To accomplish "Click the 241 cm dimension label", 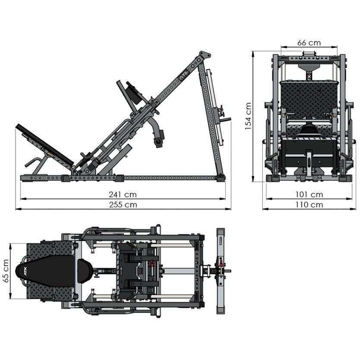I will click(123, 195).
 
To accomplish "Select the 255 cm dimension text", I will click(123, 205).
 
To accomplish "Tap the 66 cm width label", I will click(309, 42).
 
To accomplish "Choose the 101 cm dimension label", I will click(309, 195).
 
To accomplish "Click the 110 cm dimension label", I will click(309, 205).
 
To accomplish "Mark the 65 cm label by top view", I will click(6, 271).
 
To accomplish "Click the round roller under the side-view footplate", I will click(159, 141).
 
